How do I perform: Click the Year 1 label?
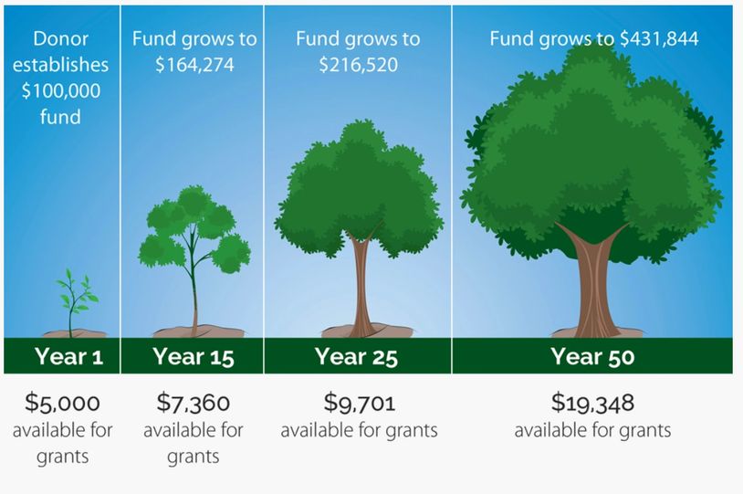tap(68, 356)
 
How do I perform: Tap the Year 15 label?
tap(194, 356)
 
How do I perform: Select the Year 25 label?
tap(356, 356)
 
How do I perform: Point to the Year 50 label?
tap(592, 356)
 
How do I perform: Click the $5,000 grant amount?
tap(63, 403)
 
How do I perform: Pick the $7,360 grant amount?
tap(194, 403)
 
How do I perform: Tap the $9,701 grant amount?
tap(360, 403)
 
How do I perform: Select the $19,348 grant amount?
tap(592, 403)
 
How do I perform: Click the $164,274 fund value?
tap(194, 65)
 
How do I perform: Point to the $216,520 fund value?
tap(358, 65)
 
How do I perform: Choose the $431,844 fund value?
tap(659, 39)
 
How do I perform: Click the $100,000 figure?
tap(60, 90)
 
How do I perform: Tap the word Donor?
tap(60, 39)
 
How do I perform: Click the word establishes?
tap(60, 65)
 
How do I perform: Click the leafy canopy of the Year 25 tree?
tap(359, 190)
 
